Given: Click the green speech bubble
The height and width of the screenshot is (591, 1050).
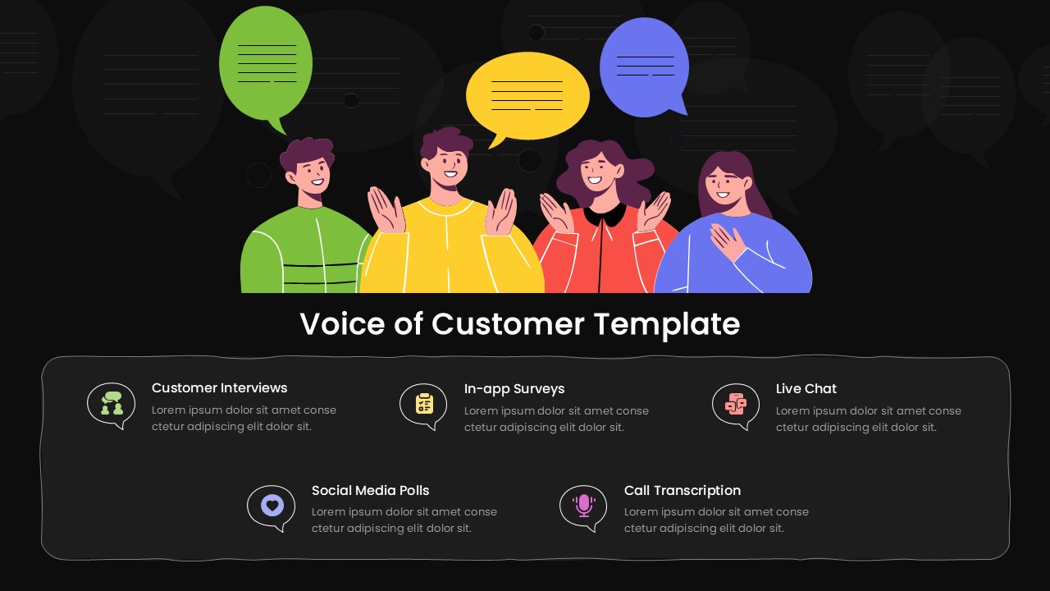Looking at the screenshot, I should point(266,64).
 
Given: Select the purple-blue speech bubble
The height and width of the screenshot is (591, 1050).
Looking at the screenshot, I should point(644,66).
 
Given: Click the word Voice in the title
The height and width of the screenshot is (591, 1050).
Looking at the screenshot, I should point(342,324).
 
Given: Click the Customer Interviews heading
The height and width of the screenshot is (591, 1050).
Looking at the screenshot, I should point(219,387).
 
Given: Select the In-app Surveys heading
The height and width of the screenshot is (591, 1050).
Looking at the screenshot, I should point(514,388).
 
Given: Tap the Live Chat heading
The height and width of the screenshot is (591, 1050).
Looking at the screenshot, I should point(806,388).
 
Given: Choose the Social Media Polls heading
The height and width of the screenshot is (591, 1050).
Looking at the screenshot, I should point(370,490).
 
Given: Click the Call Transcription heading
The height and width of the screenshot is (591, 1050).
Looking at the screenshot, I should point(682,490).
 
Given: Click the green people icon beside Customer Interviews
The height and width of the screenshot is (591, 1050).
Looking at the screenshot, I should point(112,403).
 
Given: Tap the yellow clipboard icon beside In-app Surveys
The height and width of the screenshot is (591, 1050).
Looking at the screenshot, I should point(423,403).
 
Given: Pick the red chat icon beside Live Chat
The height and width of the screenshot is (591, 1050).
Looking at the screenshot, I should point(736,403).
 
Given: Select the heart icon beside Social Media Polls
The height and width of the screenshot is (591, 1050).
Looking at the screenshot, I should point(272,505).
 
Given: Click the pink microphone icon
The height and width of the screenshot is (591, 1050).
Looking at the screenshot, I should point(583,505).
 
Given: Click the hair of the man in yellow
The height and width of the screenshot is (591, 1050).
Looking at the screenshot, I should point(445,141).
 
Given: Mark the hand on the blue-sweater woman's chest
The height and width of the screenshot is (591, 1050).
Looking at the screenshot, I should point(727,241).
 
